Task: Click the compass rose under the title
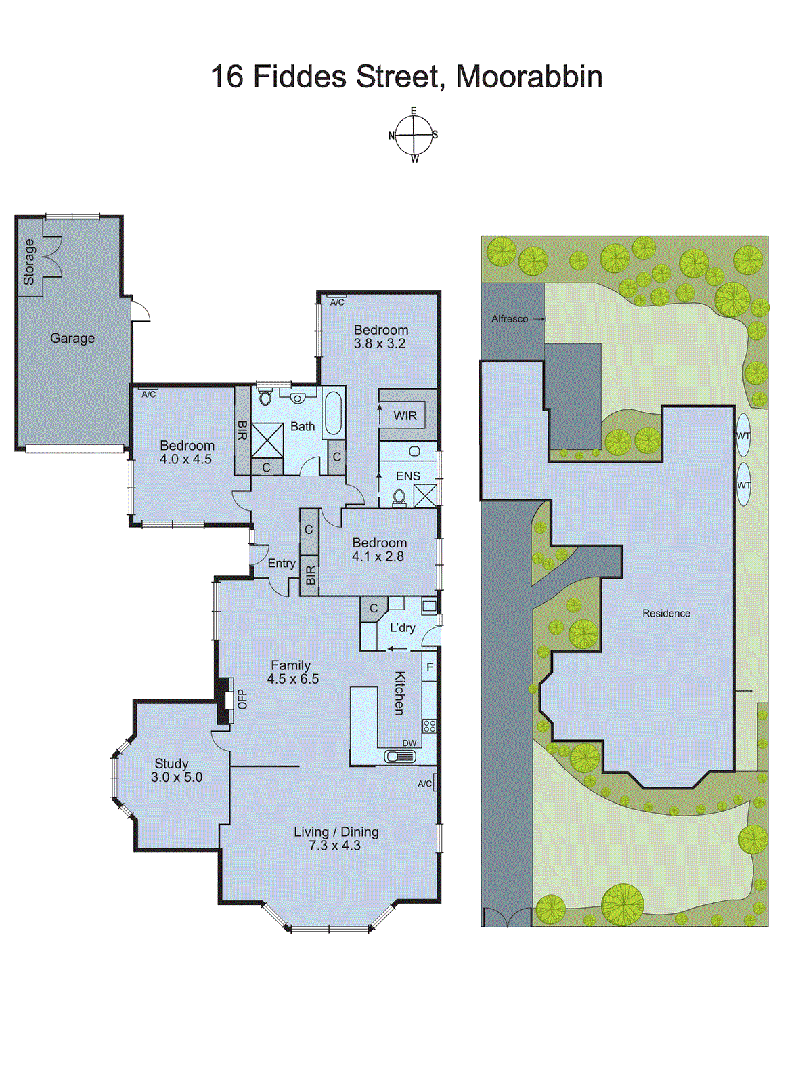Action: click(414, 135)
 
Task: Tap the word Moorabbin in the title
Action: click(529, 77)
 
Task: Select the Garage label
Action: click(72, 338)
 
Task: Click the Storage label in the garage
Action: click(29, 262)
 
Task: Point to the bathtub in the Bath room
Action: click(333, 413)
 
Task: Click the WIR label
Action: click(405, 415)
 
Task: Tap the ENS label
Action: click(407, 476)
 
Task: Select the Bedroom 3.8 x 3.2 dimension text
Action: click(380, 343)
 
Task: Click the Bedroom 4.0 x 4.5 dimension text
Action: click(186, 459)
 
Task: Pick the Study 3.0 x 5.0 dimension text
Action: click(177, 778)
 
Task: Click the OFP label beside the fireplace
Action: click(242, 699)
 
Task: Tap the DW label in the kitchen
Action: click(409, 743)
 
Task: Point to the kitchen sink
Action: click(399, 756)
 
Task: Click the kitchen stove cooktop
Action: click(429, 726)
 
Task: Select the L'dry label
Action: click(402, 628)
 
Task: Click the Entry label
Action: click(281, 564)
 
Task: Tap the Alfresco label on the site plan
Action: click(510, 319)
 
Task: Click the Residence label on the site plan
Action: click(666, 613)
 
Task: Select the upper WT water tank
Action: click(743, 435)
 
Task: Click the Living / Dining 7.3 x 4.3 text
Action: click(336, 839)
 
